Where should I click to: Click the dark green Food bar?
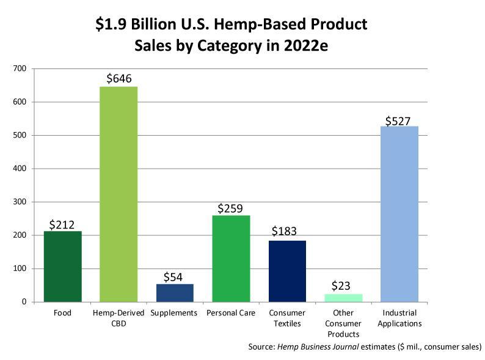tap(62, 266)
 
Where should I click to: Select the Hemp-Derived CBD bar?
tap(119, 194)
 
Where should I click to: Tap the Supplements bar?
tap(175, 292)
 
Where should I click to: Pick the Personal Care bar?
tap(231, 258)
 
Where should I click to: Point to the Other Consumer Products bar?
tap(343, 298)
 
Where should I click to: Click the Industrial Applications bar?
tap(399, 214)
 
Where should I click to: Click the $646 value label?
tap(119, 79)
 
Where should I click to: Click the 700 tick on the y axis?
tap(20, 68)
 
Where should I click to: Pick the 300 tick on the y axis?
tap(20, 202)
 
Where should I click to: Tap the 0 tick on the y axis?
tap(24, 302)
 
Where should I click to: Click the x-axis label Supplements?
tap(175, 313)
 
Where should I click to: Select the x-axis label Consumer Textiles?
tap(287, 318)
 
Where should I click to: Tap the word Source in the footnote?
tap(261, 347)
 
